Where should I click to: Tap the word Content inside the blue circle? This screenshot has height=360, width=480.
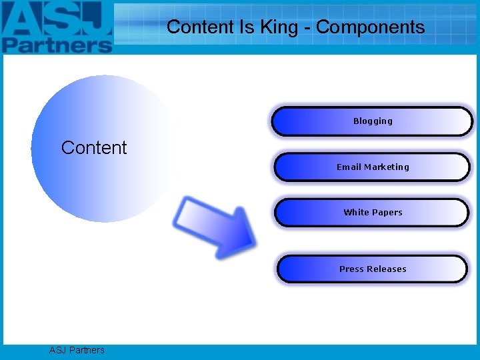coord(93,147)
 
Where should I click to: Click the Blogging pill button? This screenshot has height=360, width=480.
coord(372,121)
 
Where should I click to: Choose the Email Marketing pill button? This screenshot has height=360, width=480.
coord(372,167)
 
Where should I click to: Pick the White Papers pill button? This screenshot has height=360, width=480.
coord(372,213)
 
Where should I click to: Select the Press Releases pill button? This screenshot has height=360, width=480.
coord(372,269)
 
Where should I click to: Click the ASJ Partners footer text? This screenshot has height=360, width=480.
coord(77,350)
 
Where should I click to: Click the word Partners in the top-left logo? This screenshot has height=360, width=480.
coord(57,43)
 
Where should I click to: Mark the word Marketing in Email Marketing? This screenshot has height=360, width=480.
coord(385,167)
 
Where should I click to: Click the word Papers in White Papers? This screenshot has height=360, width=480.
coord(387,213)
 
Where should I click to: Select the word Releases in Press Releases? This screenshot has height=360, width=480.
coord(387,269)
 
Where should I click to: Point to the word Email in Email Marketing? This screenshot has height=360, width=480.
coord(348,167)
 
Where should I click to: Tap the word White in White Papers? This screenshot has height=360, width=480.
coord(356,213)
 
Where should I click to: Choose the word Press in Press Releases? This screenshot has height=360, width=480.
coord(351,269)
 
